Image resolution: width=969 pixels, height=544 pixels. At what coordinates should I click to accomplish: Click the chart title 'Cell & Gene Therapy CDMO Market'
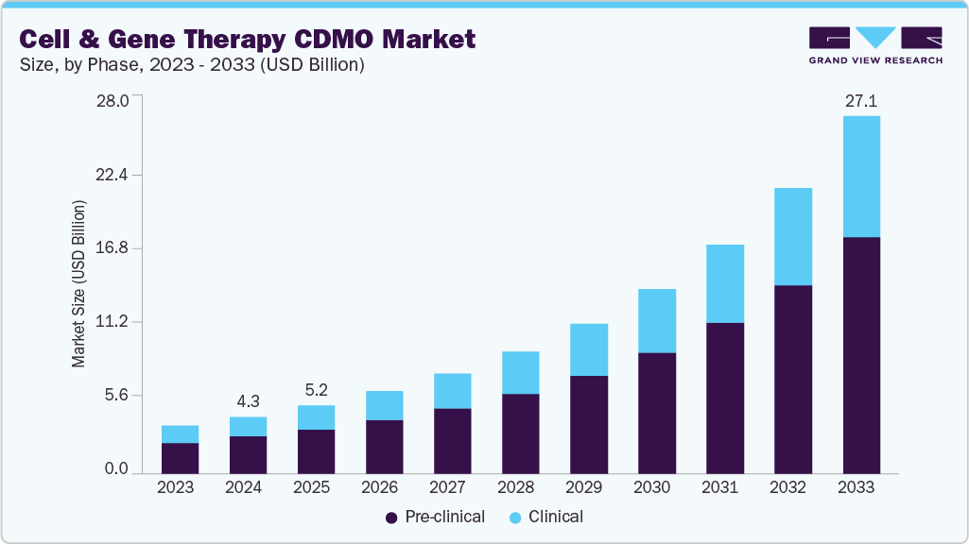coord(247,39)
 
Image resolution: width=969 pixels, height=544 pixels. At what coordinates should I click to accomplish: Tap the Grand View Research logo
coord(875,45)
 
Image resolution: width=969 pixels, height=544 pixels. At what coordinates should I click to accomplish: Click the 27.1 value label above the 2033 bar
coord(861,100)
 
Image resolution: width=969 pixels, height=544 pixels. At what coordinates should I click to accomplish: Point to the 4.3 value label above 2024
coord(248,400)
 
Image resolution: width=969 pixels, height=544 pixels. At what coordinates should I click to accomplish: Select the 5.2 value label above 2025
coord(316,389)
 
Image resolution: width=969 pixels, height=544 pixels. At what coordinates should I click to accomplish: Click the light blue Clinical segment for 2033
coord(861,177)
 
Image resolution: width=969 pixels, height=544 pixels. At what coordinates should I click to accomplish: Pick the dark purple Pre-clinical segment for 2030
coord(657,413)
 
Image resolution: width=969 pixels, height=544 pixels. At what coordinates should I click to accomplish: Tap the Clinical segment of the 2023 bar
coord(180,434)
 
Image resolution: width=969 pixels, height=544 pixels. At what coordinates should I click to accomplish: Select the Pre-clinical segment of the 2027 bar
coord(452,440)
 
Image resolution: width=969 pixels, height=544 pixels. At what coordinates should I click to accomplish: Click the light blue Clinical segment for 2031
coord(725,283)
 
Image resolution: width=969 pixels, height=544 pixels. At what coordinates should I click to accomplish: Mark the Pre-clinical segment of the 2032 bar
coord(793,379)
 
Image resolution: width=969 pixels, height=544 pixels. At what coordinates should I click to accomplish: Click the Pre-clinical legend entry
coord(434,517)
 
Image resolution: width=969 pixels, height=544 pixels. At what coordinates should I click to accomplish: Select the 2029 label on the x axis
coord(588,487)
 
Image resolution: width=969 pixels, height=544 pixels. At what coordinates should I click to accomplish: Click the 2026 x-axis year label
coord(384,487)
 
